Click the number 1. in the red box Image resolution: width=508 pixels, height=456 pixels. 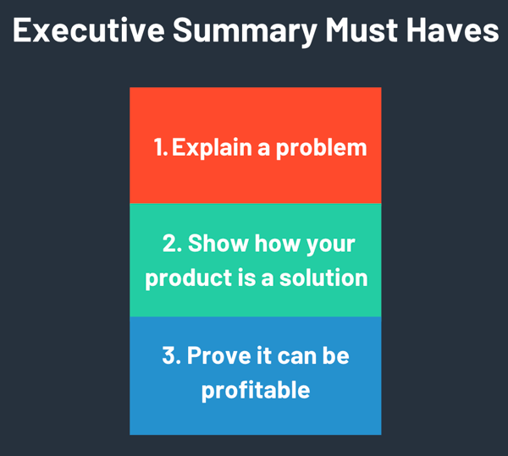coord(161,147)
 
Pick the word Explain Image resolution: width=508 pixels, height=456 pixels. coord(212,147)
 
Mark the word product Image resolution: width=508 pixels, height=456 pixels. coord(182,278)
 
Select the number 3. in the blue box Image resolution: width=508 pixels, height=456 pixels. coord(170,355)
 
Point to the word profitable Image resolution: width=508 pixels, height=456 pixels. coord(255,390)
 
